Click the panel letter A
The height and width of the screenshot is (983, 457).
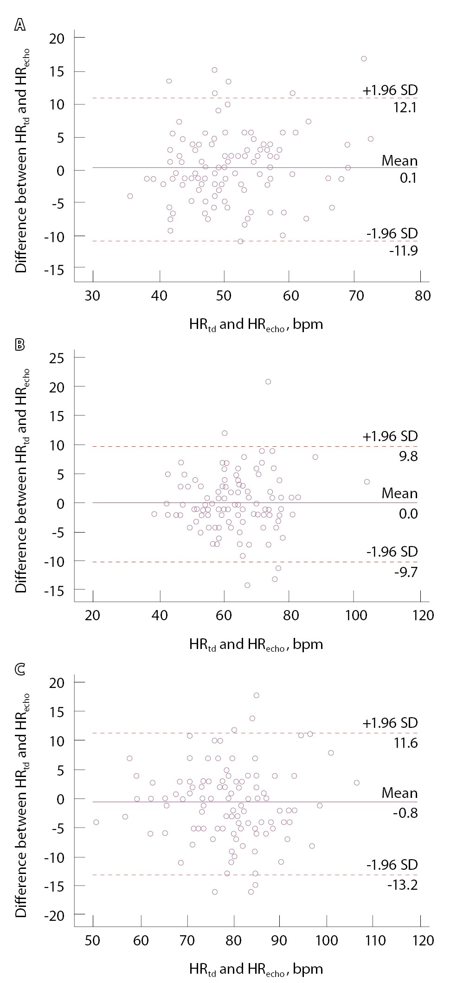tap(20, 25)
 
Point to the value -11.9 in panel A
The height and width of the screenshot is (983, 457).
tap(404, 251)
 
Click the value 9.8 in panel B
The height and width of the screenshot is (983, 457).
tap(408, 456)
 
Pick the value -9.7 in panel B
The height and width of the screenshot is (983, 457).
tap(406, 572)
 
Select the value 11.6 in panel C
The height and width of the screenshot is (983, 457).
tap(406, 743)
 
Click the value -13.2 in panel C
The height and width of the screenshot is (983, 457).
tap(402, 885)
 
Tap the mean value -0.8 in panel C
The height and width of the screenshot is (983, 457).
tap(406, 813)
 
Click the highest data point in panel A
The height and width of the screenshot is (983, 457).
tap(364, 58)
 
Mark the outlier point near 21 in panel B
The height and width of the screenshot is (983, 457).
tap(268, 382)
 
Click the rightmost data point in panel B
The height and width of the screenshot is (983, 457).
tap(367, 482)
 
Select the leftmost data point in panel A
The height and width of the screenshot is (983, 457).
tap(130, 196)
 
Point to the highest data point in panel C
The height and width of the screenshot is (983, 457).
tap(256, 695)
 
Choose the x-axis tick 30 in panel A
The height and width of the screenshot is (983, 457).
tap(93, 296)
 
